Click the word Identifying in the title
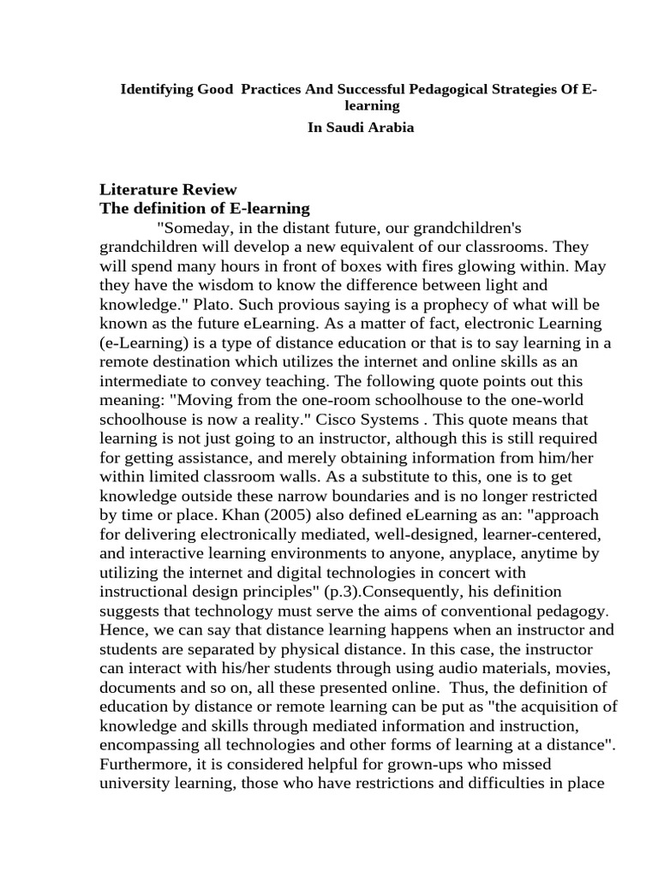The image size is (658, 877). tap(153, 89)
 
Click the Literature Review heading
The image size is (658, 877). tap(169, 189)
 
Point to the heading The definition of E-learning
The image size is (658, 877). tap(205, 209)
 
